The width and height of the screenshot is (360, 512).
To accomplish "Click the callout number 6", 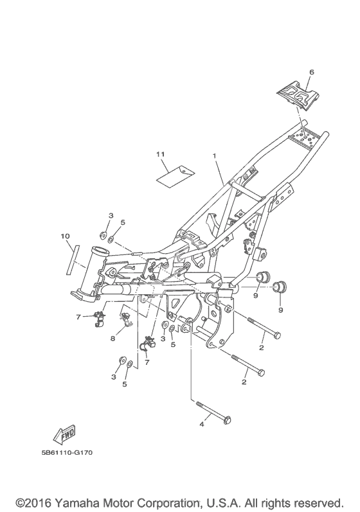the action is (311, 72).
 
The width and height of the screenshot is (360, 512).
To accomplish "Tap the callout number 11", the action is (160, 154).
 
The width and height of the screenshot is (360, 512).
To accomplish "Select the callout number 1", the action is (215, 156).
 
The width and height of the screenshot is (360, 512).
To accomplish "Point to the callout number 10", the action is (66, 236).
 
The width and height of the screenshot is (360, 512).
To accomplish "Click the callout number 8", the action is (113, 339).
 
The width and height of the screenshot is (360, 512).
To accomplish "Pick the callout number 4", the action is (202, 424).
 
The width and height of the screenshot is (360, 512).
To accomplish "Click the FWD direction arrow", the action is (66, 436).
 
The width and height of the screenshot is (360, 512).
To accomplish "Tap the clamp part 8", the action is (126, 320).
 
